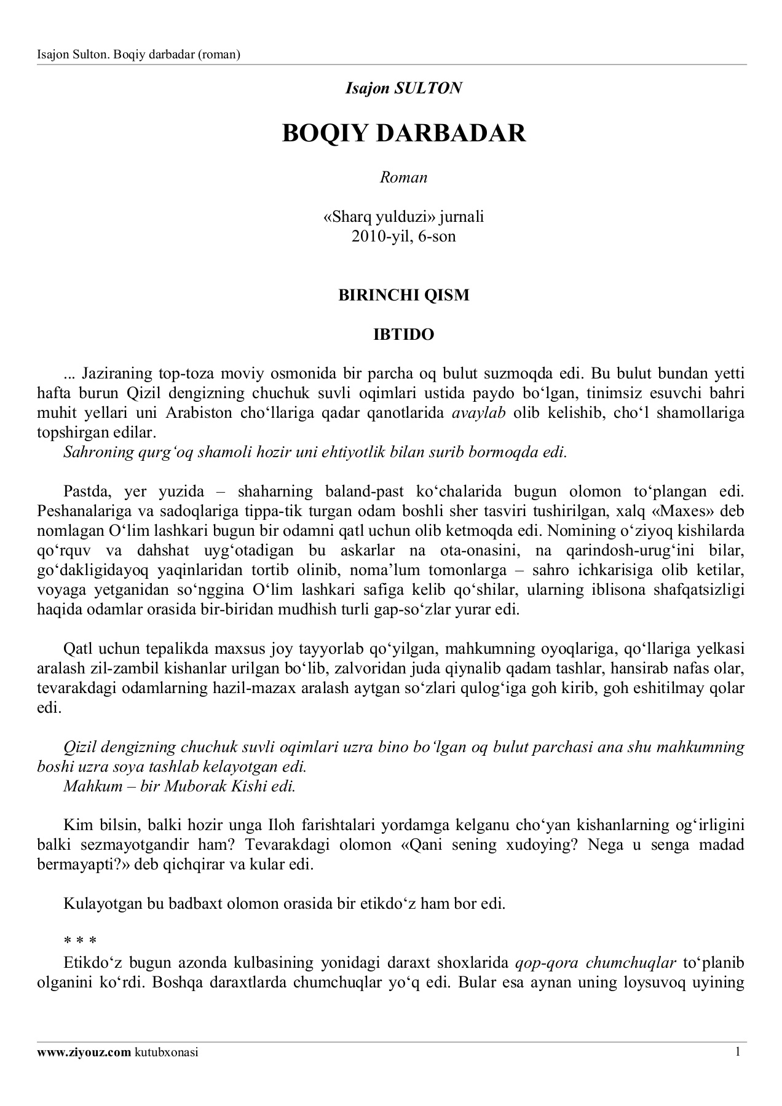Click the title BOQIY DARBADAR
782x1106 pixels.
404,133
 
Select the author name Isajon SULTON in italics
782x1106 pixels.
403,88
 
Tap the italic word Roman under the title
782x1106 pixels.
403,178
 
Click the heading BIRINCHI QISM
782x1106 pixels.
404,295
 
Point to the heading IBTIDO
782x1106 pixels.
404,335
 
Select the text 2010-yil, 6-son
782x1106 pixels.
404,236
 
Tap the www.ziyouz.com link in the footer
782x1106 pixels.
84,1053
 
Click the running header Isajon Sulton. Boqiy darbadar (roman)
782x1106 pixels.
138,55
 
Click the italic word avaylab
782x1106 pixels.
478,413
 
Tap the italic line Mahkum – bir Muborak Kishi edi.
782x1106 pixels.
180,786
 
